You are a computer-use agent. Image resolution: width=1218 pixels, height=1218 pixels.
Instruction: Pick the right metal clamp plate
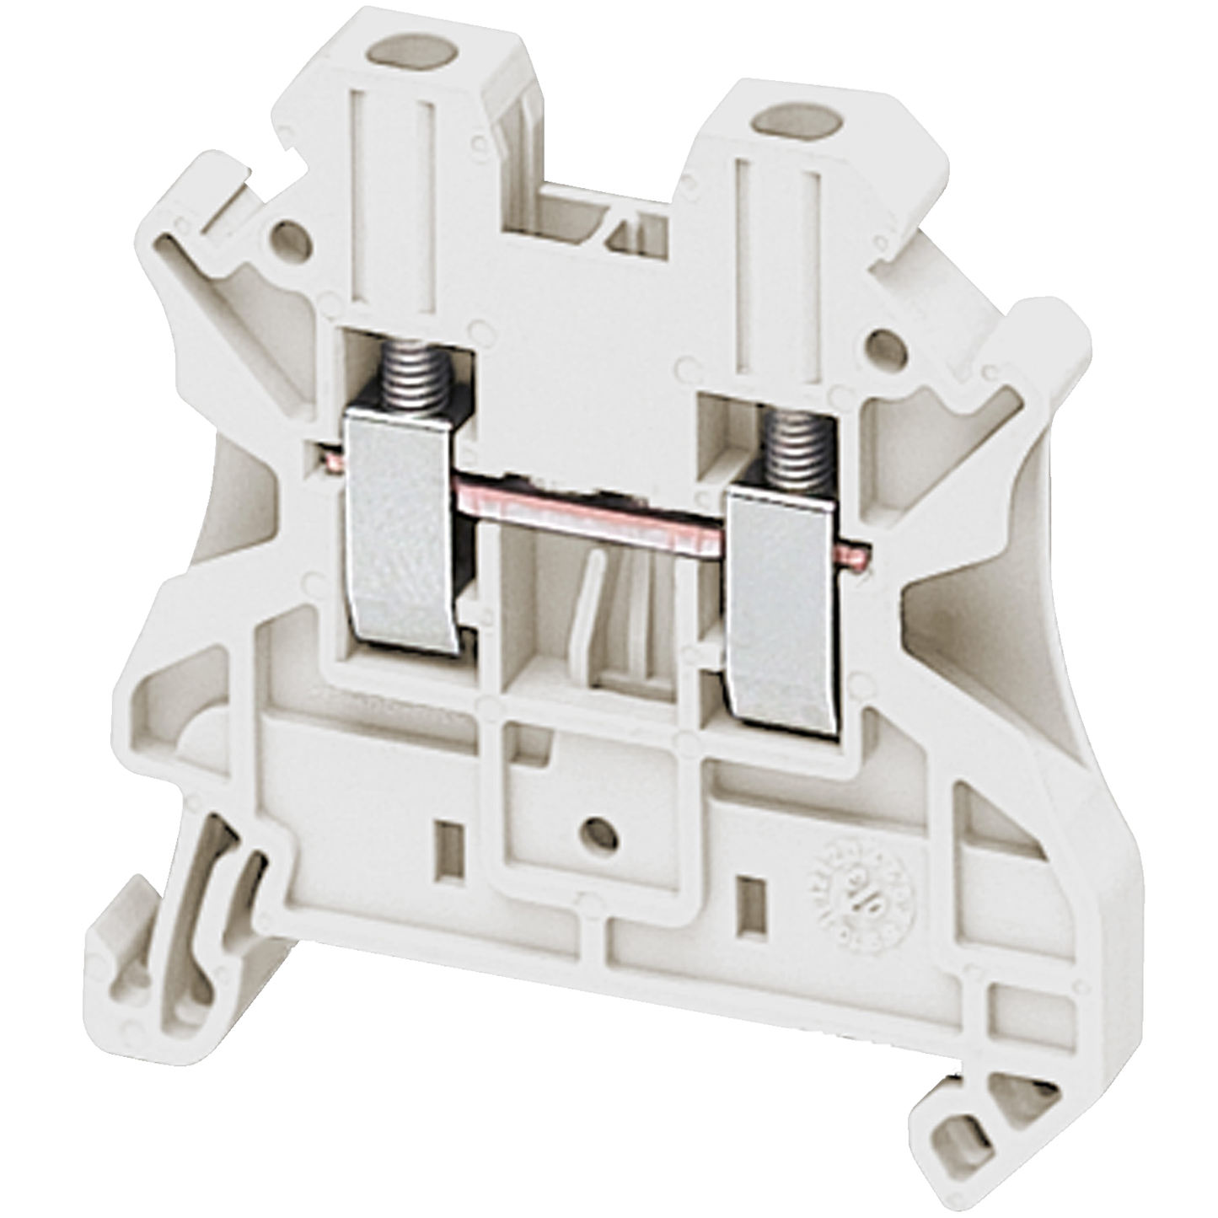(785, 616)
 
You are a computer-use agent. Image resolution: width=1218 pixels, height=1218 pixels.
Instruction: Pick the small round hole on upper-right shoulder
(887, 346)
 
